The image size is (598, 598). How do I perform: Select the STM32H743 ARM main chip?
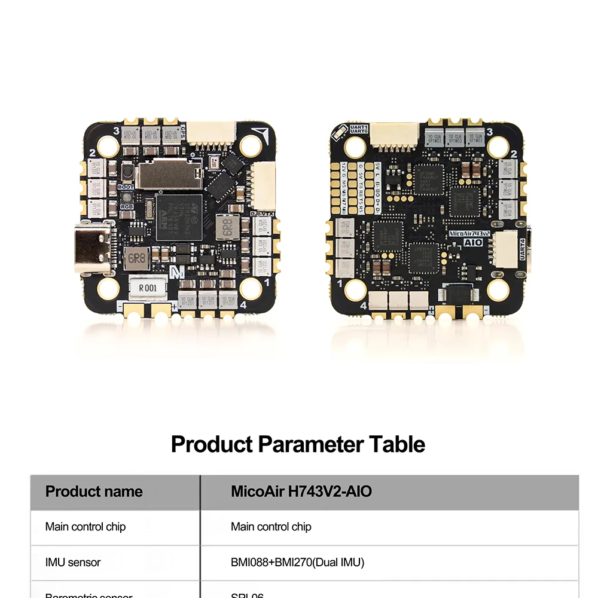tap(179, 216)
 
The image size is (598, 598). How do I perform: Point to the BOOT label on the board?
tap(126, 187)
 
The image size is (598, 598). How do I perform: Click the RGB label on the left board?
tap(127, 206)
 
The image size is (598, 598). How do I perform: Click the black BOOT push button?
tap(127, 173)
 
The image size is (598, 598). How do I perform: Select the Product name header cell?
tap(94, 492)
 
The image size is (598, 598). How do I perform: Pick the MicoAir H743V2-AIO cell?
tap(301, 492)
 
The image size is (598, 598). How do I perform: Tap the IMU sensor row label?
tap(73, 562)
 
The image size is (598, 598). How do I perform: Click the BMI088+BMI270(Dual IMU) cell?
tap(297, 562)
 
